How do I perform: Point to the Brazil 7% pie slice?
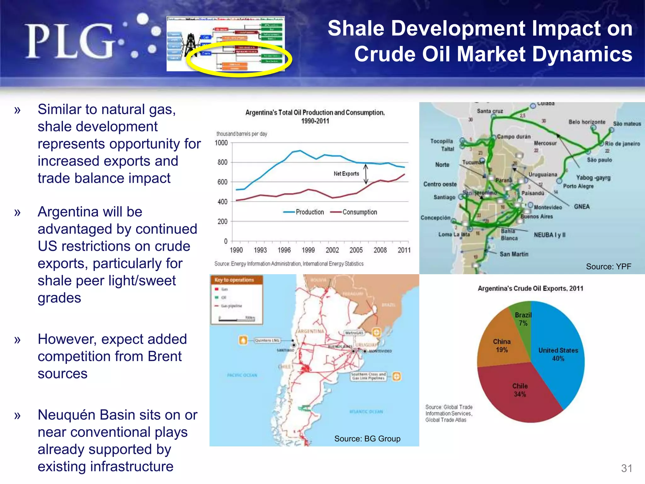tap(523, 319)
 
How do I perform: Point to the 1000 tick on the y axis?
tap(221, 143)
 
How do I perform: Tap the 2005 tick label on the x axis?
tap(356, 250)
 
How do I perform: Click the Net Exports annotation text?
tap(346, 174)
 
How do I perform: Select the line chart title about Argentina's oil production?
tap(315, 117)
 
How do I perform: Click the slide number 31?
tap(626, 468)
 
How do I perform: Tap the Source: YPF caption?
tap(608, 267)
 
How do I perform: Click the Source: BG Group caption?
tap(367, 439)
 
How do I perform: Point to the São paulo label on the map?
tap(599, 160)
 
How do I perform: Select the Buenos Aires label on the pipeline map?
tap(537, 216)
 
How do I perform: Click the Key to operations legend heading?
tap(234, 280)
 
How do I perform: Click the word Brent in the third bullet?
tap(164, 356)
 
